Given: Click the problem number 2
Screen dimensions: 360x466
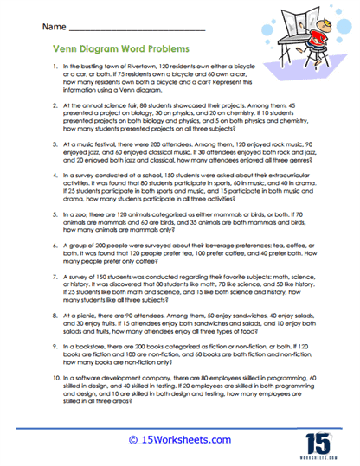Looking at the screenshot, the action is pos(55,101).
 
